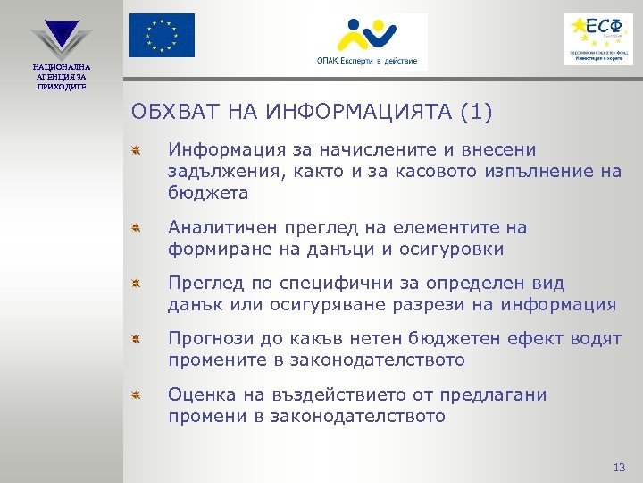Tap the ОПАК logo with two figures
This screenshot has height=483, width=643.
[364, 41]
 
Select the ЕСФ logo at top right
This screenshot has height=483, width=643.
[597, 38]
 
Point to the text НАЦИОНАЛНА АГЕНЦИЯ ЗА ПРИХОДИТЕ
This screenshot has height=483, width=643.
[61, 76]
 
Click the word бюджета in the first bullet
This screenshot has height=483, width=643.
[208, 192]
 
